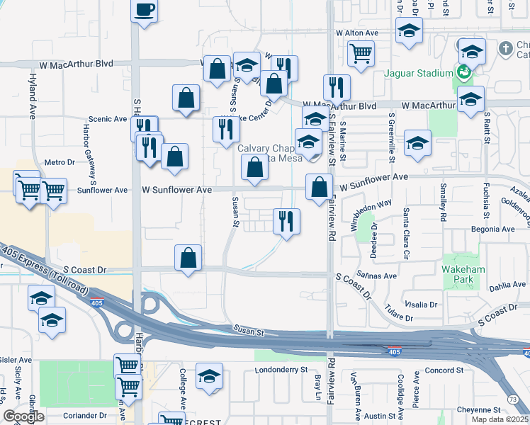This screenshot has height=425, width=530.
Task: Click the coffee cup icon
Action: (145, 10)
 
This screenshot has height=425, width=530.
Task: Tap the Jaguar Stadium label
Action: (418, 73)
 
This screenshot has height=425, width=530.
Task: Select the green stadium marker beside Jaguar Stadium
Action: (463, 72)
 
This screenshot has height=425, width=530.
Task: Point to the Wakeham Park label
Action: (463, 276)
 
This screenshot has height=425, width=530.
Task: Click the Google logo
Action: (23, 416)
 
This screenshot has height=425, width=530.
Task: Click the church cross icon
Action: (505, 49)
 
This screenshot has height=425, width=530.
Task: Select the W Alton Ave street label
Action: (357, 33)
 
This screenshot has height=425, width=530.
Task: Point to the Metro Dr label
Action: (60, 162)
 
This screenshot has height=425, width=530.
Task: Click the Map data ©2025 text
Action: (499, 419)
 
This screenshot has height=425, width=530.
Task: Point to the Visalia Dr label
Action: (422, 305)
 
